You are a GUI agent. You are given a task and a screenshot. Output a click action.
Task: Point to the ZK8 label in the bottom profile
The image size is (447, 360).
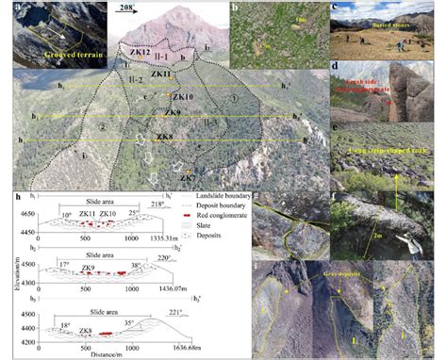coord(85,330)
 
